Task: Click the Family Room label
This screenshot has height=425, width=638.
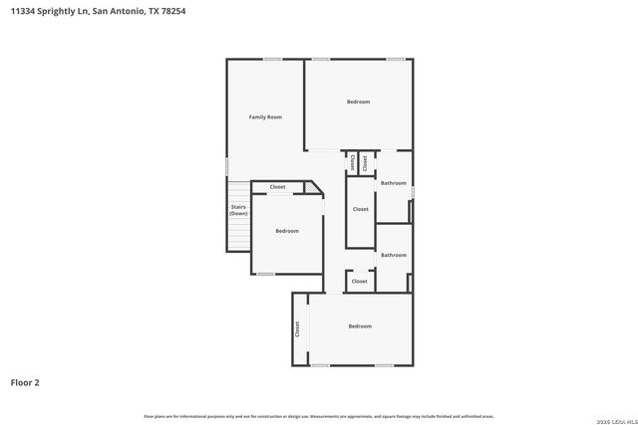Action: point(265,117)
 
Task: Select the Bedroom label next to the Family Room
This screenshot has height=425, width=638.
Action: point(358,103)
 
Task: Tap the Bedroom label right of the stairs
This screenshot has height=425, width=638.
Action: point(287,231)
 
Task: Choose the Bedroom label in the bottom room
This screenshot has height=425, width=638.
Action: point(359,326)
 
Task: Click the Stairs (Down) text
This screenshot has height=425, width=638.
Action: point(238,210)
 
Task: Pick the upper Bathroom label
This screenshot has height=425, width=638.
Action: point(393,183)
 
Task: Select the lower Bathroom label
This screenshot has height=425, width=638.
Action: point(393,255)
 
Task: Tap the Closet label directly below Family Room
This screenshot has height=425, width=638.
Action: point(277,187)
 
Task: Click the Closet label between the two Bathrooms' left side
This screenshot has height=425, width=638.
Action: point(360,209)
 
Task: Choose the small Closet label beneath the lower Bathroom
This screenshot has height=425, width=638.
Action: point(359,282)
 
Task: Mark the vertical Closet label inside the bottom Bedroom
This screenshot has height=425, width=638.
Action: point(297,328)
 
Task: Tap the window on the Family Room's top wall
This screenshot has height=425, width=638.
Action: point(272,59)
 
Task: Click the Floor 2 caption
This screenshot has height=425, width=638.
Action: point(25,382)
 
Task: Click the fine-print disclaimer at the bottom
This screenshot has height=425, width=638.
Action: point(318,416)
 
